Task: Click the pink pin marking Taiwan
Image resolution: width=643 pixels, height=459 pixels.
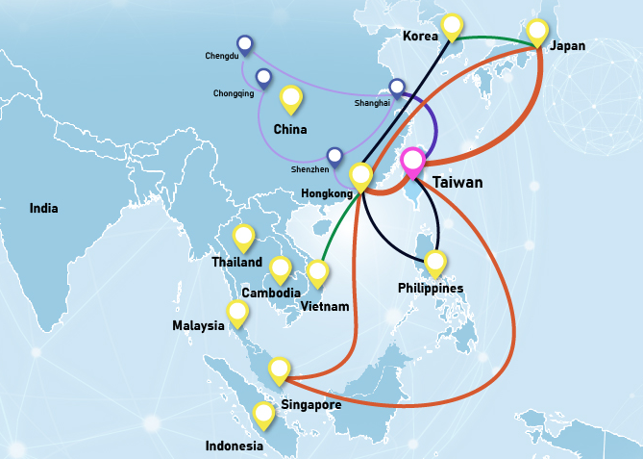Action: (x=413, y=162)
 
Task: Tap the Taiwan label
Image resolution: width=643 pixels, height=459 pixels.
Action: (x=457, y=182)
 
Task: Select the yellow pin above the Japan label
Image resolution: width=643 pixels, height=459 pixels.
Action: (x=537, y=31)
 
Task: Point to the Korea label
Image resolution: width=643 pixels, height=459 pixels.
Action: (x=420, y=37)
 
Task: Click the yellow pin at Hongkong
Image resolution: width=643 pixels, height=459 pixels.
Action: (x=360, y=175)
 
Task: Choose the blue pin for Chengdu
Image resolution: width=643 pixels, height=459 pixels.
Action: (x=245, y=43)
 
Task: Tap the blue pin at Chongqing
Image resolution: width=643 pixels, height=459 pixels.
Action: (x=263, y=77)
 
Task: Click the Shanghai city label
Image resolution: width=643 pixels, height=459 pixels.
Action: (x=372, y=102)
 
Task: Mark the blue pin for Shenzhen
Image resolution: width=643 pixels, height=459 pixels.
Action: (x=334, y=155)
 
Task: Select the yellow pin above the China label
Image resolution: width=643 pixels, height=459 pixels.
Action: (x=290, y=97)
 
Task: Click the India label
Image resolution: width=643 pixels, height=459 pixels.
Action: (x=43, y=208)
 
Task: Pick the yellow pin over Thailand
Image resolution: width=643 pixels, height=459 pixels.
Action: (x=244, y=236)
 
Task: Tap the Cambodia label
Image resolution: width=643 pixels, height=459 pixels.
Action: (x=270, y=293)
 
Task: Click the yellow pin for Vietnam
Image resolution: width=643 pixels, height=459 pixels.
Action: (x=317, y=272)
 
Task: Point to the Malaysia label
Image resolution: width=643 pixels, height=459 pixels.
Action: (x=198, y=325)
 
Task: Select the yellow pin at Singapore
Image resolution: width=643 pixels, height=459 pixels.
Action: (x=279, y=369)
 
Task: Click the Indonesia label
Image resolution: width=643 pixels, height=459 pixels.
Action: (x=234, y=446)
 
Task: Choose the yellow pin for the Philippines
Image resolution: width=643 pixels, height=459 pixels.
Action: (x=435, y=261)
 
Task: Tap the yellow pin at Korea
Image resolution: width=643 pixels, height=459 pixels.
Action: (x=452, y=26)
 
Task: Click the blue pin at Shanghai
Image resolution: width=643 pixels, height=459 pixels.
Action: (x=396, y=87)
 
